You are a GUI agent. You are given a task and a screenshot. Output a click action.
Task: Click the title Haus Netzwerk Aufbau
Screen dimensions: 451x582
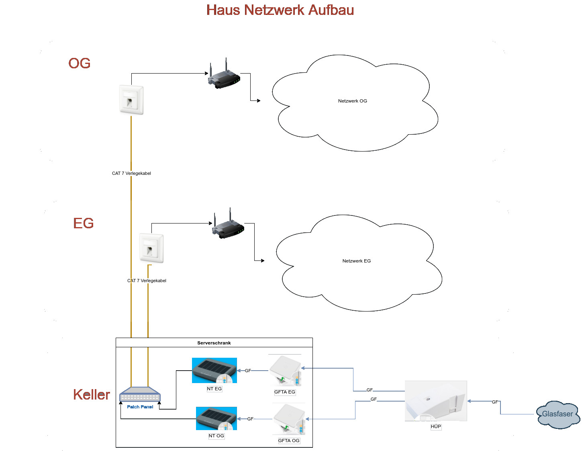coord(280,10)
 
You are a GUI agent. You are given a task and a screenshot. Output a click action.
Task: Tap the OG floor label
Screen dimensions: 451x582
coord(80,64)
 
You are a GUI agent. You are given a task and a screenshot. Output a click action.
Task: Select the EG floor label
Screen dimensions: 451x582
coord(84,223)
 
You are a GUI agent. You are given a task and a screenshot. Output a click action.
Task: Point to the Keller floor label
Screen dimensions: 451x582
coord(92,395)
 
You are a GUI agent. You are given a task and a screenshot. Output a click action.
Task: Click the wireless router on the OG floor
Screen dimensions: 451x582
coord(224,76)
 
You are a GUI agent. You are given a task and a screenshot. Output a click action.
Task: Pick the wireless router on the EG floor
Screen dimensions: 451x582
coord(228,226)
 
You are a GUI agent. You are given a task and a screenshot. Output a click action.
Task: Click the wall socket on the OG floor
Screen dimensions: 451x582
coord(131,100)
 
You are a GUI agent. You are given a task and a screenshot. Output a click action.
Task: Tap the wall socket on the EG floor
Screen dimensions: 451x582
coord(151,248)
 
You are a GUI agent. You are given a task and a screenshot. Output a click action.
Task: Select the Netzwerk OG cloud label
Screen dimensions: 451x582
coord(352,101)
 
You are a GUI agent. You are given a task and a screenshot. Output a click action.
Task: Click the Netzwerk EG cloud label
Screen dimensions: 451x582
coord(356,261)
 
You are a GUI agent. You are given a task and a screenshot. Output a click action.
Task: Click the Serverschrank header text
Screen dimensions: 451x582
coord(214,343)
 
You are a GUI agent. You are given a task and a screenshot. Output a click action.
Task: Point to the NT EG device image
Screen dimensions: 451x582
coord(214,370)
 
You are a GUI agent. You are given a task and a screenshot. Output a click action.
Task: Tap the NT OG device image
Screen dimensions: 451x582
coord(216,418)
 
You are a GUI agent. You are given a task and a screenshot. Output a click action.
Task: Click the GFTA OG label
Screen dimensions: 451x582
coord(289,441)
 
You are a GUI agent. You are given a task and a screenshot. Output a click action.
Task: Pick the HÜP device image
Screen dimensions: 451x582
coord(436,401)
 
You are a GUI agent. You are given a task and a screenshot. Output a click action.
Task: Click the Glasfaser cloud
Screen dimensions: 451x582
coord(558,414)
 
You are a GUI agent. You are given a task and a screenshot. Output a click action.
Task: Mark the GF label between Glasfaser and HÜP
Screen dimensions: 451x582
coord(495,402)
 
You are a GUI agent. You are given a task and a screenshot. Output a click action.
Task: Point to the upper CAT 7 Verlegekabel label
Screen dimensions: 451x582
coord(131,173)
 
